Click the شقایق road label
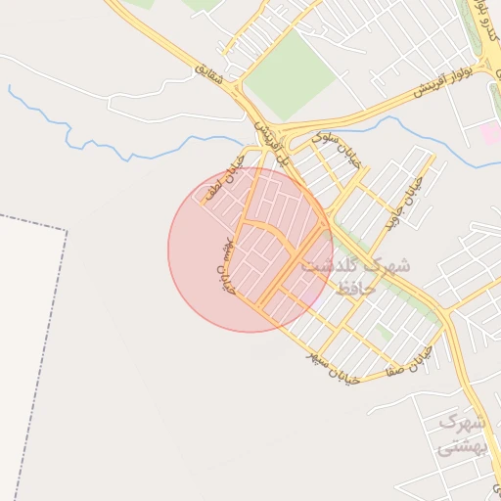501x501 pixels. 209,72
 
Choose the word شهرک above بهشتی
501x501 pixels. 463,424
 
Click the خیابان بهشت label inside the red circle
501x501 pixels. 227,264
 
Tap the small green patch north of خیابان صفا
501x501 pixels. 386,334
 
